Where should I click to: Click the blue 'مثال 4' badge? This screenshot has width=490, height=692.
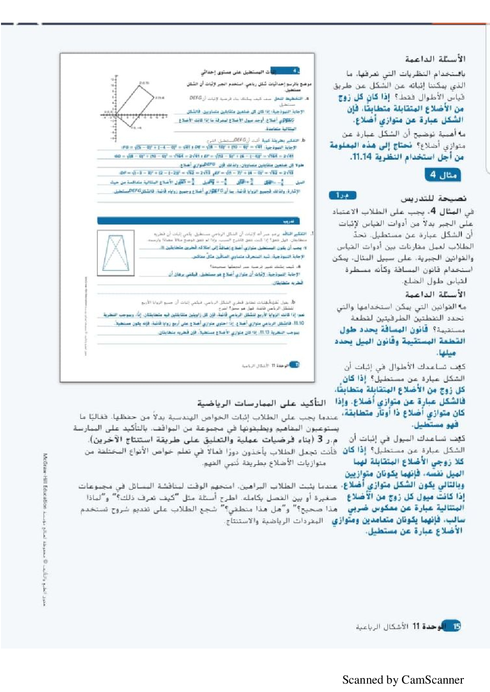(x=442, y=174)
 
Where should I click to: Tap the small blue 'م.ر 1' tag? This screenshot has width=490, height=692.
(x=342, y=195)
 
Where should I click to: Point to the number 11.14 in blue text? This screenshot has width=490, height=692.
(x=361, y=157)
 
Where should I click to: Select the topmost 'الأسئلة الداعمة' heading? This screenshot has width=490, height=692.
(x=435, y=59)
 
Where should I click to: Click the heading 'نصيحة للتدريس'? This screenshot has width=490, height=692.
(x=433, y=198)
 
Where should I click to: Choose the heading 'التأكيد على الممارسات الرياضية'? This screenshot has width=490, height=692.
(x=261, y=403)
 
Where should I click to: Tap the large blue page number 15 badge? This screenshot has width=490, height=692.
(x=452, y=626)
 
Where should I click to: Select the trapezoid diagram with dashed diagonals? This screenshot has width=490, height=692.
(x=116, y=253)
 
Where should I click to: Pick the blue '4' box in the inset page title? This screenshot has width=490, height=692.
(x=295, y=71)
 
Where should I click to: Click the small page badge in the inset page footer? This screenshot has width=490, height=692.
(x=294, y=365)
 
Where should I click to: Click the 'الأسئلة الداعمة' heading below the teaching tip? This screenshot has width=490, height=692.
(x=435, y=294)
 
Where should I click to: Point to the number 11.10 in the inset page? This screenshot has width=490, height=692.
(x=298, y=323)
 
